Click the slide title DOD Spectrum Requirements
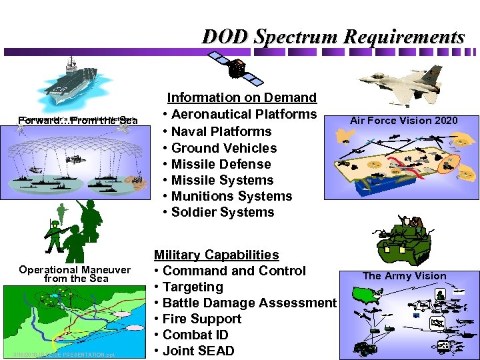coord(333,36)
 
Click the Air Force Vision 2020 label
coord(404,121)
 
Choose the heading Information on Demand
coord(241,98)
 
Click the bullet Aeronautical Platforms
coord(244,115)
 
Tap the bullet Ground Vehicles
coord(224,148)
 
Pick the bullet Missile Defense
coord(221,164)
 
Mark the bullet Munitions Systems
coord(232,196)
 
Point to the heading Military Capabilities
coord(217,255)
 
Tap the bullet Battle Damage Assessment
coord(249,303)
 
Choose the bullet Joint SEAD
coord(198,351)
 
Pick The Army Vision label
coord(404,276)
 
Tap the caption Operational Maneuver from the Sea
coord(75,274)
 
